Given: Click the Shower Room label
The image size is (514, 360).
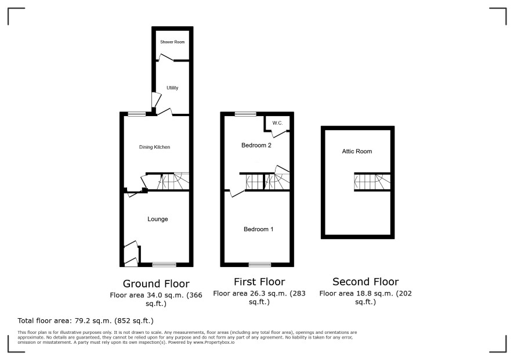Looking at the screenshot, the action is tap(172, 42).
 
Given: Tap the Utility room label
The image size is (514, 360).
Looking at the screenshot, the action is tap(172, 88).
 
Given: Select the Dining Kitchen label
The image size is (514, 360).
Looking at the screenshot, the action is tap(155, 147).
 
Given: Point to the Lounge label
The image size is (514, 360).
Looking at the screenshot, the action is tap(158, 219).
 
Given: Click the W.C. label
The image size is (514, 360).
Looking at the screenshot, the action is tap(277, 123).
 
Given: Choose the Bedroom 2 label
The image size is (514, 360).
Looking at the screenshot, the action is tap(256, 145).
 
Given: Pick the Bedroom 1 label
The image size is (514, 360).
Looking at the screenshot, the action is tap(258, 229).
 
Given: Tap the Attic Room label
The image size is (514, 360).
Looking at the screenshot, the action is tap(357, 152).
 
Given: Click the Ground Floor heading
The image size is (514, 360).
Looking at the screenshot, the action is tap(156, 283).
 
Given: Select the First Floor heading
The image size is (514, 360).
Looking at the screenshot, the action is tap(259, 282).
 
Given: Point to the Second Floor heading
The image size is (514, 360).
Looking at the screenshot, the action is tap(365, 282).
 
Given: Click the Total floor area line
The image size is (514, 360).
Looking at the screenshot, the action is tap(85, 321).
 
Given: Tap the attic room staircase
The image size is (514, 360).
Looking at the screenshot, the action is tap(372, 182).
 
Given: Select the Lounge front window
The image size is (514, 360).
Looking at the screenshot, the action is tap(164, 265).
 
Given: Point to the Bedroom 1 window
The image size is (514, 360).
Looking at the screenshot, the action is tap(260, 265).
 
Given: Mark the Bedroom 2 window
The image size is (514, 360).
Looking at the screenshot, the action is tap(245, 114).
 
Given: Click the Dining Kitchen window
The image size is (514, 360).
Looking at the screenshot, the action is tap(137, 114).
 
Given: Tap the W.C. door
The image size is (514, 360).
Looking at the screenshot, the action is tap(278, 132).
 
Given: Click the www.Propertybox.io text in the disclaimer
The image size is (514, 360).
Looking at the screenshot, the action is tap(213, 342).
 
